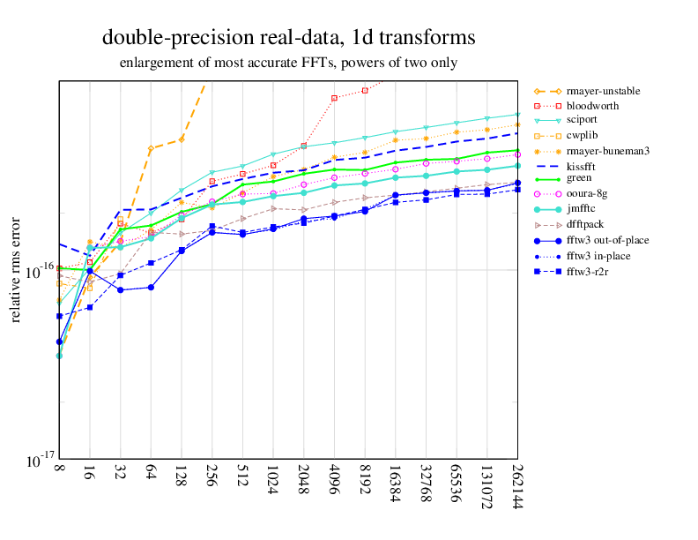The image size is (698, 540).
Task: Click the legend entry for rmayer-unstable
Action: (603, 91)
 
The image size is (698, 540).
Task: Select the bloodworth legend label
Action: (592, 106)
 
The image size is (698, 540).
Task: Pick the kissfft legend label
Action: (583, 166)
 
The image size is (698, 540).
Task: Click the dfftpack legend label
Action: (586, 224)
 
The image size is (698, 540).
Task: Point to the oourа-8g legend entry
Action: (586, 193)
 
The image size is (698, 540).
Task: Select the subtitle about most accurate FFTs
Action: (288, 63)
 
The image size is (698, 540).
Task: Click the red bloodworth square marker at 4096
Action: (334, 98)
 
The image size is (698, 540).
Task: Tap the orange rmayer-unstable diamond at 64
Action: (151, 148)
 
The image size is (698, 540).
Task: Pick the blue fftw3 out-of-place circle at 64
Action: (151, 287)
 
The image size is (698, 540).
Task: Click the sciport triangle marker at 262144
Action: (517, 115)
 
